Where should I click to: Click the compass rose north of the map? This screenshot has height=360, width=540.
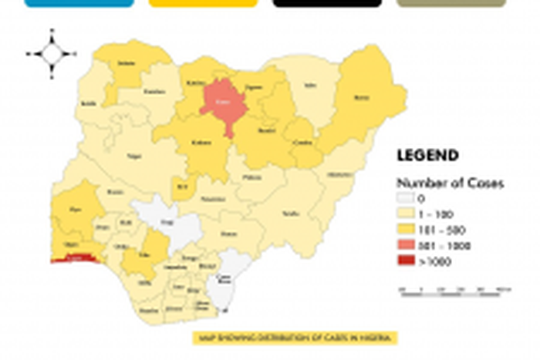pyautogui.click(x=52, y=54)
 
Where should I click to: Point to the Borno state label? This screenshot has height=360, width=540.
pyautogui.click(x=361, y=98)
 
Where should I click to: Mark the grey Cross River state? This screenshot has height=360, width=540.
pyautogui.click(x=225, y=279)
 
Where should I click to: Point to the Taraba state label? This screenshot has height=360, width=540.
pyautogui.click(x=290, y=213)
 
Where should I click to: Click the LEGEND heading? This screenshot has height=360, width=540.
pyautogui.click(x=427, y=156)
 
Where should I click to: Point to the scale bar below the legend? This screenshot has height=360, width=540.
pyautogui.click(x=455, y=291)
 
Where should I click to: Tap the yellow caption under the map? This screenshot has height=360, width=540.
pyautogui.click(x=295, y=338)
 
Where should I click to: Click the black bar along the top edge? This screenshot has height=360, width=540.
pyautogui.click(x=327, y=3)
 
